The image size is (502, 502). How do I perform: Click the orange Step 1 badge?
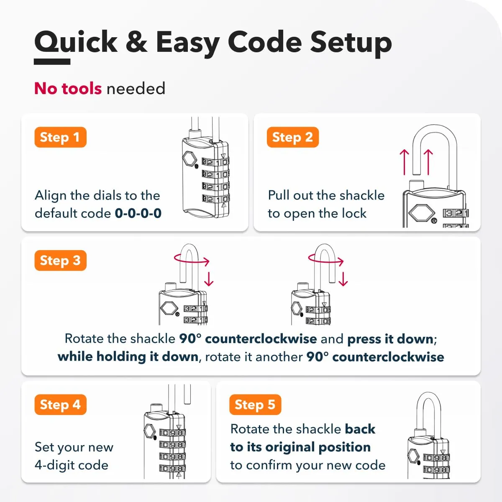pos(60,137)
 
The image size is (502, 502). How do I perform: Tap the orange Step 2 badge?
pos(292,137)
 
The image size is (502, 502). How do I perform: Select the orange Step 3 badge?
pos(60,261)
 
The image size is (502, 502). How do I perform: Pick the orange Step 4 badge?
pos(60,405)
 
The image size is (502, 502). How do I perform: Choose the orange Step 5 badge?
pos(255,405)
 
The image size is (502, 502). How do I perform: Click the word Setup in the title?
pos(351,44)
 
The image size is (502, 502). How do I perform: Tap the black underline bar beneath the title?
pos(52,61)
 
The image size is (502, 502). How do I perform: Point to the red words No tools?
pos(68,88)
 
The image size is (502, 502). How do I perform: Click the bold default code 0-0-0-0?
pos(138,213)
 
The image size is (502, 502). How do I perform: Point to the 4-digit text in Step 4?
pos(54,465)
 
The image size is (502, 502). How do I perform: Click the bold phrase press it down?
pos(390,339)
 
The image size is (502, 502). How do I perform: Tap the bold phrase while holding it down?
pos(128,357)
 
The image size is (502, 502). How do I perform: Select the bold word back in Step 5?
pos(360,429)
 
